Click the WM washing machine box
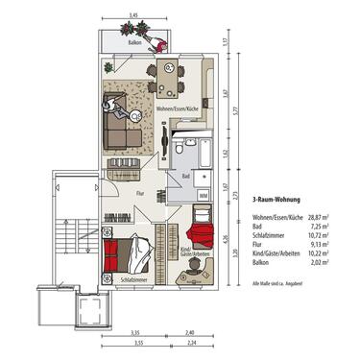point(202,195)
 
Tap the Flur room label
point(139,193)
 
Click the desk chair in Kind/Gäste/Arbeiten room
point(196,260)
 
